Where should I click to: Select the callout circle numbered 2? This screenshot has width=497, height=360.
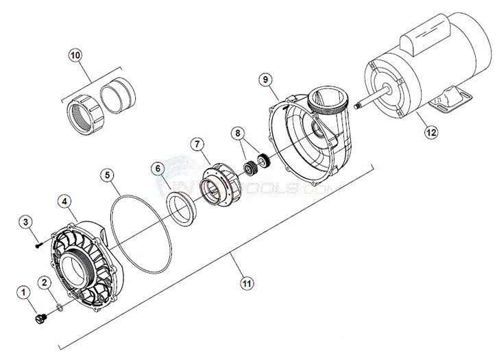click(x=45, y=282)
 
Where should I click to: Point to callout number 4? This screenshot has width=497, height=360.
click(x=64, y=202)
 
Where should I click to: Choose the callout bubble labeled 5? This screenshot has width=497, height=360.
click(x=108, y=175)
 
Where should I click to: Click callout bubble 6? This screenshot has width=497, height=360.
click(x=157, y=168)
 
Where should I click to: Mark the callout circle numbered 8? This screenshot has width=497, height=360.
click(x=237, y=132)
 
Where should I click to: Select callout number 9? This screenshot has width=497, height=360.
click(x=265, y=79)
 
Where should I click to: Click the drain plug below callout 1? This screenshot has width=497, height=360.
click(x=38, y=320)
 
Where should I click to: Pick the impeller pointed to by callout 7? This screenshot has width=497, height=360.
click(x=221, y=184)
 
